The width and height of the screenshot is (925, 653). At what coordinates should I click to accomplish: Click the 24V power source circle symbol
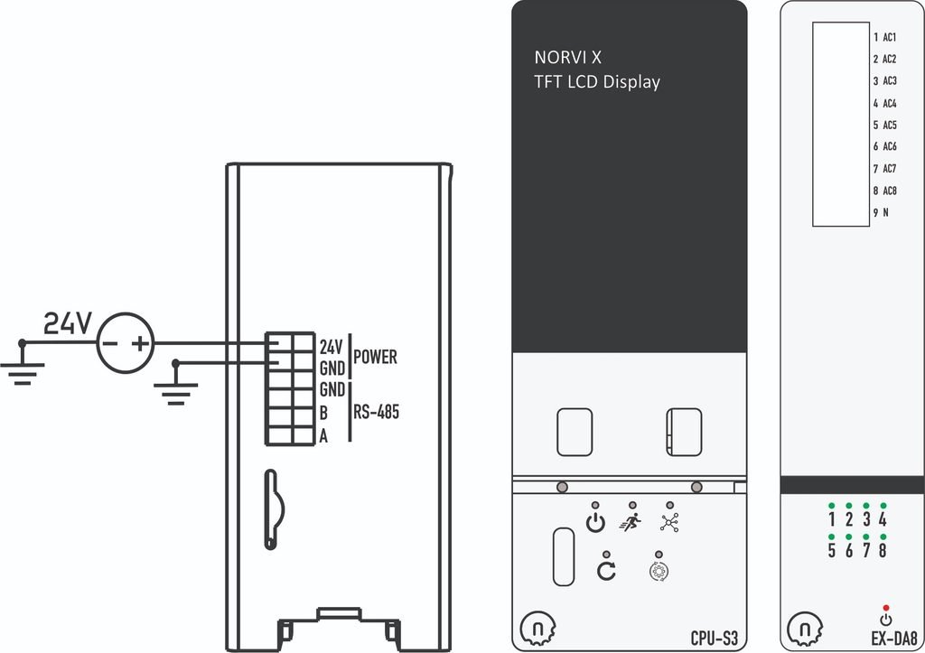click(x=125, y=342)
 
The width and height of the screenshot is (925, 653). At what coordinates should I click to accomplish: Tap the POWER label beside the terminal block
click(x=375, y=357)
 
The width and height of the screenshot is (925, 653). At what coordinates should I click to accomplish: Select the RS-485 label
click(x=377, y=412)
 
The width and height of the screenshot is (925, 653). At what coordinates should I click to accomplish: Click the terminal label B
click(x=323, y=413)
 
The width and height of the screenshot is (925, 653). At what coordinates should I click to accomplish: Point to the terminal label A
click(x=323, y=436)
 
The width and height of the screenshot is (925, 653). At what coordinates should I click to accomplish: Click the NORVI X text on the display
click(x=567, y=57)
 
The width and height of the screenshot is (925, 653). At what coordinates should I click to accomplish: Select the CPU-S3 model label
click(x=714, y=639)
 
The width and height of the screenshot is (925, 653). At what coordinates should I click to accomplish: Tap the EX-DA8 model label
click(x=894, y=639)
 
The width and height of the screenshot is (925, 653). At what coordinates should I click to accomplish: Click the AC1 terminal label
click(x=890, y=37)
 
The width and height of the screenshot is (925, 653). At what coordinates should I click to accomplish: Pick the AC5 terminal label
click(x=890, y=125)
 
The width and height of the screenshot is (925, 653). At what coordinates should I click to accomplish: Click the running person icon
click(x=631, y=521)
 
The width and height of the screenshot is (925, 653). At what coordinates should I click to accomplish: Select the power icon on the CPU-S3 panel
click(x=595, y=523)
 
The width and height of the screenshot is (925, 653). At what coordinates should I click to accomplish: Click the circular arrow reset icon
click(x=606, y=571)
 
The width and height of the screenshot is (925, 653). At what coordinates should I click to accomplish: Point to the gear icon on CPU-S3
click(x=659, y=572)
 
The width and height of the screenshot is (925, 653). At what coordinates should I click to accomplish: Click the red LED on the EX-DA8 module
click(x=886, y=608)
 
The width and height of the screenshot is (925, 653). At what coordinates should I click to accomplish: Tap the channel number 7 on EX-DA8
click(x=866, y=550)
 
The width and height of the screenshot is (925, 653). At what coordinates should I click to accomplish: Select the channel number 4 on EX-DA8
click(x=883, y=519)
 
